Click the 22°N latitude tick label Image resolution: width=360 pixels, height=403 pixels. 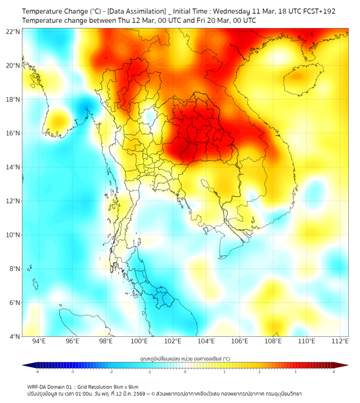coord(13,31)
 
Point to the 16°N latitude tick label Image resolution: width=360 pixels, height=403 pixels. coord(13,133)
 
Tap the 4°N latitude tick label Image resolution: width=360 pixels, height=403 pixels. coord(14,336)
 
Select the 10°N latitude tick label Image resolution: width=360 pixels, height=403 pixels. coord(13,235)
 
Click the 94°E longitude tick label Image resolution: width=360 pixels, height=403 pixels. coord(39,341)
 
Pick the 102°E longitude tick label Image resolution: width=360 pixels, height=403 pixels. coord(173,341)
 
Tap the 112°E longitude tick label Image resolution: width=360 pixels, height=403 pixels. coord(340,341)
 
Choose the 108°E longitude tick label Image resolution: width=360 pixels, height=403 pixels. coord(273,341)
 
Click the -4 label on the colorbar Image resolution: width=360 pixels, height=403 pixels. coord(37,372)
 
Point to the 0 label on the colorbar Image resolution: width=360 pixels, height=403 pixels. coord(185,372)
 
